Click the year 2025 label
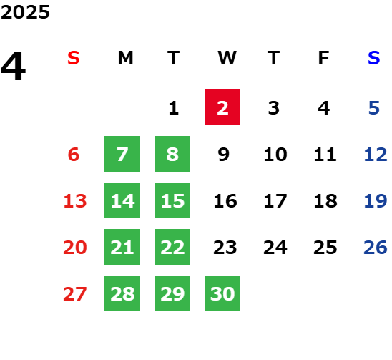pyautogui.click(x=25, y=12)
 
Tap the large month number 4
pyautogui.click(x=14, y=66)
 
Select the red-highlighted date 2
pyautogui.click(x=222, y=107)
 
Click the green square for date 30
pyautogui.click(x=222, y=293)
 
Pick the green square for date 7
pyautogui.click(x=122, y=154)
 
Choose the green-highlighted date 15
pyautogui.click(x=172, y=200)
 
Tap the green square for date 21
pyautogui.click(x=122, y=247)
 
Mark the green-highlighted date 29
pyautogui.click(x=172, y=293)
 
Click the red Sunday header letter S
pyautogui.click(x=74, y=58)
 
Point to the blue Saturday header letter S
pyautogui.click(x=374, y=58)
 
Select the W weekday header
pyautogui.click(x=227, y=58)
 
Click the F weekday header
pyautogui.click(x=324, y=58)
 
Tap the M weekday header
pyautogui.click(x=125, y=58)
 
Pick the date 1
pyautogui.click(x=174, y=108)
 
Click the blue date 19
pyautogui.click(x=376, y=201)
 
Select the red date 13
pyautogui.click(x=75, y=201)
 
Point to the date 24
pyautogui.click(x=275, y=248)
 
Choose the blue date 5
pyautogui.click(x=374, y=108)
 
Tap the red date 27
pyautogui.click(x=75, y=294)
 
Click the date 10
pyautogui.click(x=275, y=155)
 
